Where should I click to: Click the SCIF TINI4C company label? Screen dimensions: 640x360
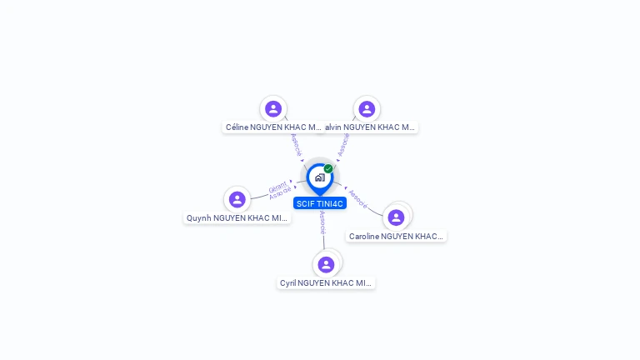tap(319, 203)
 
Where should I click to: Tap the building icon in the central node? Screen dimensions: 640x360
tap(319, 177)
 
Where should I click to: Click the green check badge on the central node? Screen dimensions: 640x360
tap(328, 168)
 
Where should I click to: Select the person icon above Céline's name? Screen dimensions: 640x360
tap(273, 108)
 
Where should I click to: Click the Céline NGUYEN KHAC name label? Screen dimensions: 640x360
tap(273, 127)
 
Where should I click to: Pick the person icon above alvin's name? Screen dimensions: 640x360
tap(367, 108)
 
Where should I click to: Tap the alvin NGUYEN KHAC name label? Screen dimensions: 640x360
tap(369, 127)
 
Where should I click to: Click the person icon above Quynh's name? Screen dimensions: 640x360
tap(237, 199)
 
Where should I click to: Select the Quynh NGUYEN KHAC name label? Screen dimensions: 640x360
tap(237, 218)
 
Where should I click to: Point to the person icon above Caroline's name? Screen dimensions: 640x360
tap(396, 217)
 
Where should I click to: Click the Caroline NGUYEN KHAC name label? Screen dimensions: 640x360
tap(396, 237)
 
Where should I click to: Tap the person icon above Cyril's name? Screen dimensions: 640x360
tap(326, 264)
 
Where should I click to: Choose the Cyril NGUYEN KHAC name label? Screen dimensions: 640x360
tap(326, 283)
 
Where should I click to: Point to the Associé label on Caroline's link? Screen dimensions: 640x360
tap(357, 198)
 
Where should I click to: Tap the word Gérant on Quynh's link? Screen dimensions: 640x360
tap(277, 187)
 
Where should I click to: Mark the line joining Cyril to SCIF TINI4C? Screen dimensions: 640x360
tap(324, 242)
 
